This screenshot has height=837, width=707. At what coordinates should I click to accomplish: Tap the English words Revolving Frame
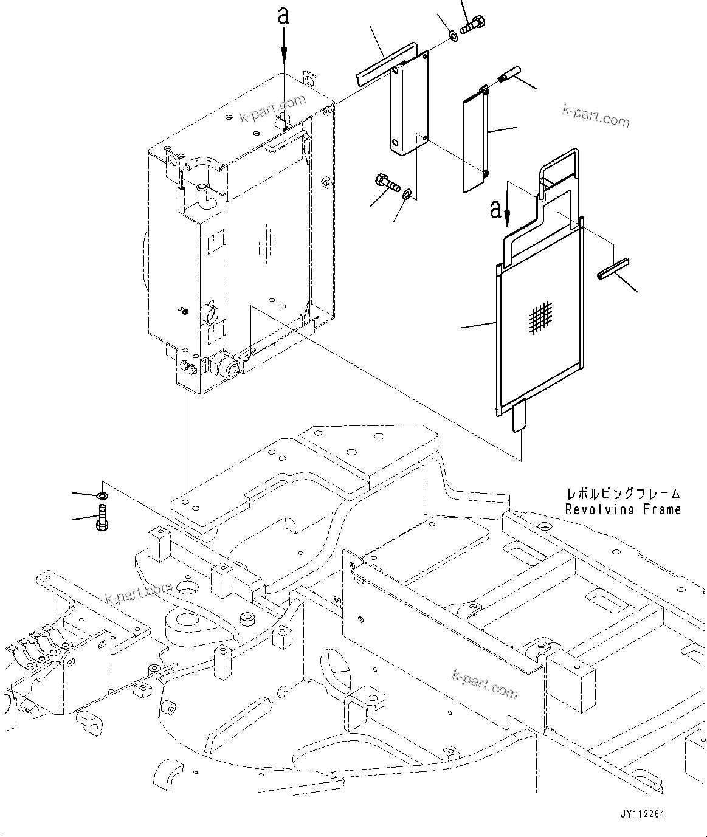[623, 509]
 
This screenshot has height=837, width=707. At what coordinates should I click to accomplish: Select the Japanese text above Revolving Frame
[623, 494]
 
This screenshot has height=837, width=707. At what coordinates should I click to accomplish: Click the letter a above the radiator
[283, 16]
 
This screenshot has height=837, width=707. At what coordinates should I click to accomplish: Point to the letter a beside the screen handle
[496, 210]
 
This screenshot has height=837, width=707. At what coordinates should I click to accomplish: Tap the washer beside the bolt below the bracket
[407, 193]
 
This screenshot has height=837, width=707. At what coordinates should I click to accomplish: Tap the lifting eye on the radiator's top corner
[310, 81]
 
